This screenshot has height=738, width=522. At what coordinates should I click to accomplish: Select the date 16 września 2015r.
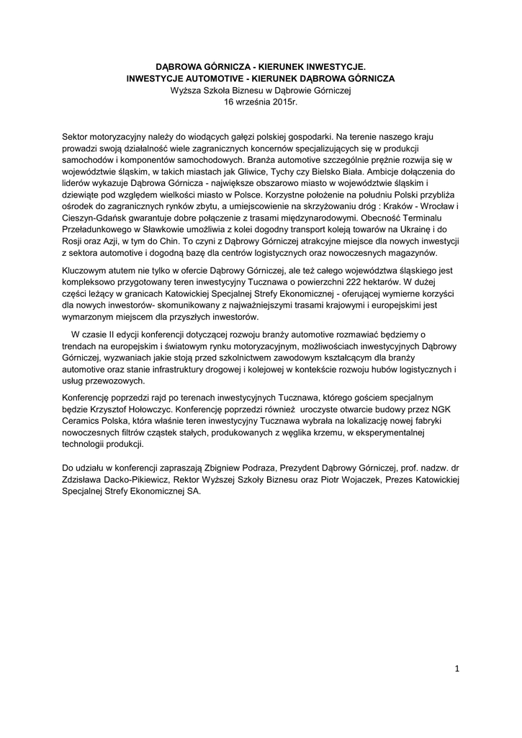pos(261,102)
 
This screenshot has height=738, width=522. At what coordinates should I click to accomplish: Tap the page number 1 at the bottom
pos(456,669)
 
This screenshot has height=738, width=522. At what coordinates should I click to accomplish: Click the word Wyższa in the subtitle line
pos(185,90)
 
